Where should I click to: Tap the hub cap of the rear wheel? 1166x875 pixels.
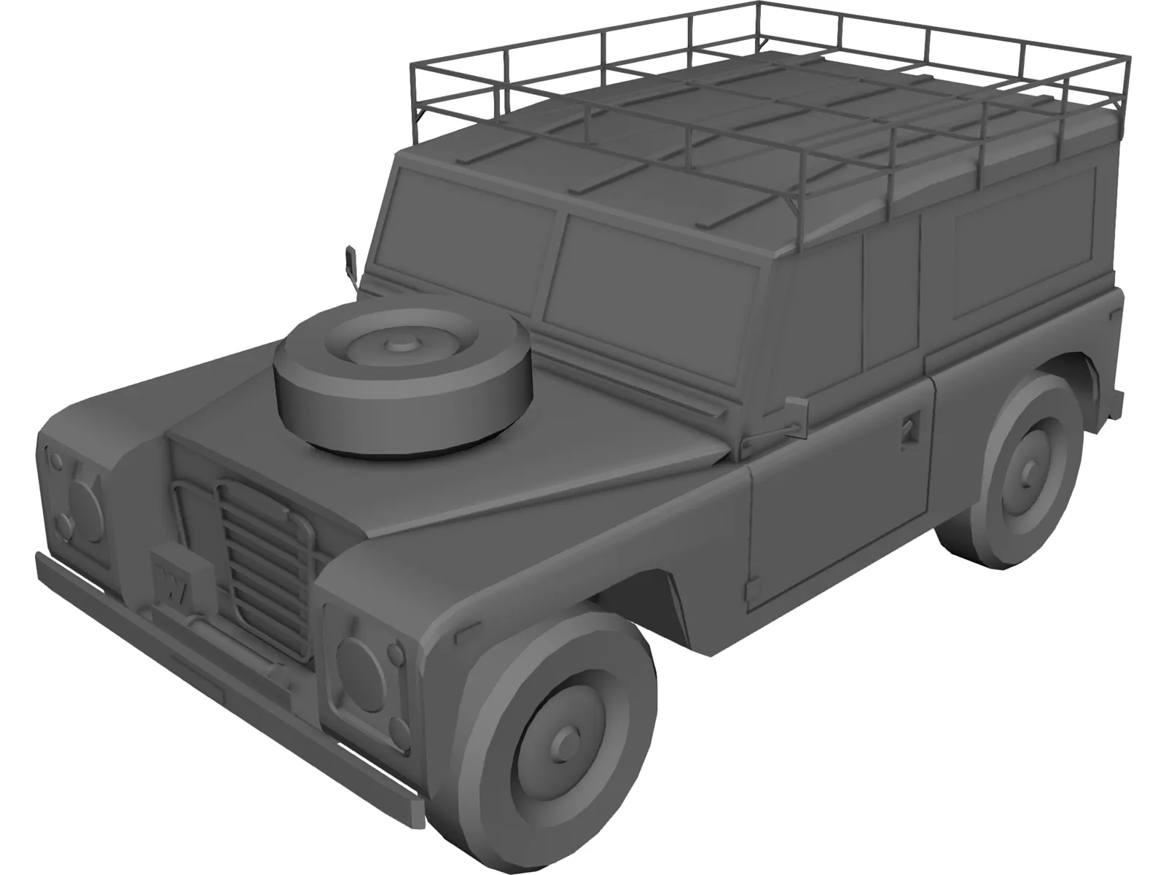click(x=1028, y=470)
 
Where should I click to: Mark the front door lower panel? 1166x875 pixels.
click(x=838, y=510)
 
